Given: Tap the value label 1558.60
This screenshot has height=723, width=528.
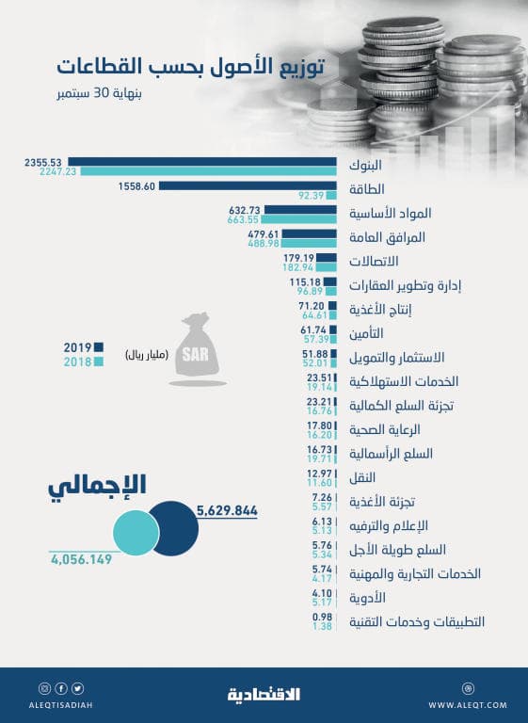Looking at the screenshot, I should (138, 185).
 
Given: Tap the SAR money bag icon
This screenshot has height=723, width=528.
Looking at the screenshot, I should (199, 350).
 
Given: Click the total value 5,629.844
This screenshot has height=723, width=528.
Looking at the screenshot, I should (227, 510).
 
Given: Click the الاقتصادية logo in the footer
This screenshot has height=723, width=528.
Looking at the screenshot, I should (264, 695).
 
